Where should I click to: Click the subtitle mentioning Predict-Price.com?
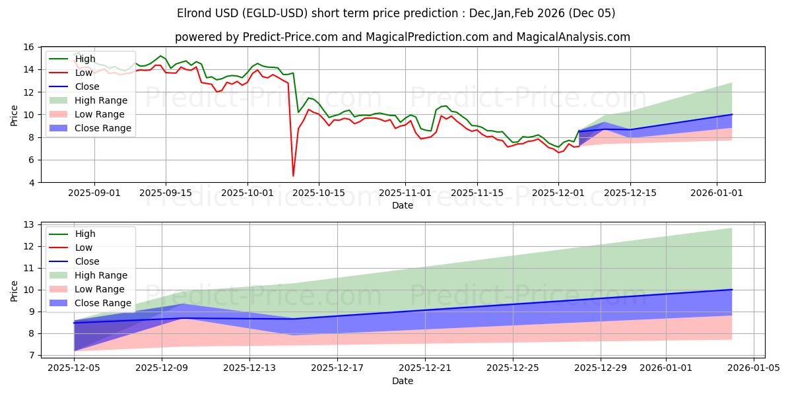(x=402, y=37)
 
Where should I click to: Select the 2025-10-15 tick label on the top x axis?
(x=319, y=193)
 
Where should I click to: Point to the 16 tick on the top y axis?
(x=28, y=47)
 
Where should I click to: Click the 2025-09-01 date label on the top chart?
(x=94, y=193)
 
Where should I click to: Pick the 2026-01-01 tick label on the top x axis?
(x=717, y=193)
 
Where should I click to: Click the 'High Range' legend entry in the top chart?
(x=100, y=100)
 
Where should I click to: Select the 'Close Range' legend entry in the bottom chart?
(x=103, y=303)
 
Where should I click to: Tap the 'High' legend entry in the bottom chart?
(x=85, y=234)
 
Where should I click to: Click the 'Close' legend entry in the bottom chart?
(x=87, y=261)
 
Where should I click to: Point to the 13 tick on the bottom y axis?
(x=28, y=224)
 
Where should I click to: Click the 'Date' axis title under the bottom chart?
(x=402, y=381)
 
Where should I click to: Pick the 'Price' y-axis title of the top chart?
(x=14, y=115)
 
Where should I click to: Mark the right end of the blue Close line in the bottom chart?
(x=732, y=290)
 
